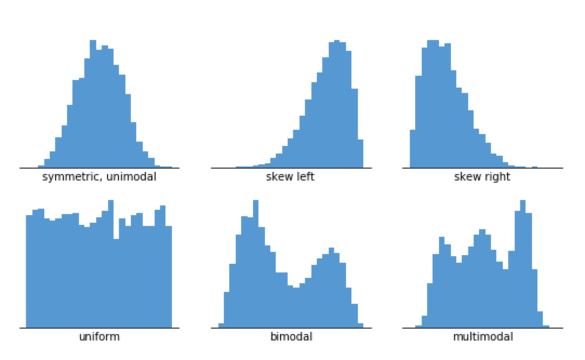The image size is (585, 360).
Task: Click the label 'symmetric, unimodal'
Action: coord(99,177)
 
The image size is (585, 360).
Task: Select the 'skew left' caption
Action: coord(290,177)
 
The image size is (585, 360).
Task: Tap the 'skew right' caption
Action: coord(482,177)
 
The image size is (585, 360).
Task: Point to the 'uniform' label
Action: coord(99,337)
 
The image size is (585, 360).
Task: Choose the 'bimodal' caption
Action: coord(291,337)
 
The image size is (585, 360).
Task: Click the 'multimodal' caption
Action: coord(482,337)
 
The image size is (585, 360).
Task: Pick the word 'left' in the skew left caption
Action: coord(304,177)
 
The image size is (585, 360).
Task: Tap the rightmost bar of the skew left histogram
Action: coord(360,154)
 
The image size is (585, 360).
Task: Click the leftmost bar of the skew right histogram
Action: coord(413,149)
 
